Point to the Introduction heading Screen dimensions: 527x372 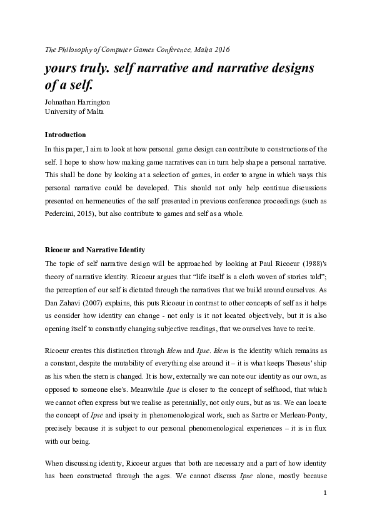[65, 135]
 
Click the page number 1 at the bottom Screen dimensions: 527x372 [325, 493]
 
